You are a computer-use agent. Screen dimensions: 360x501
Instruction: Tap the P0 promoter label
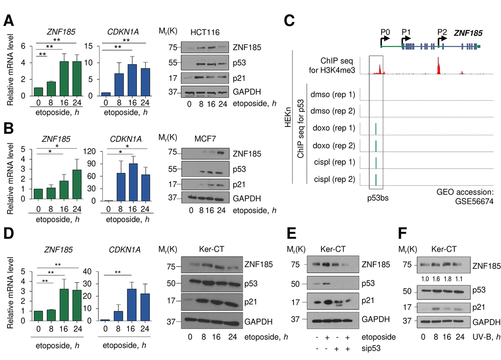(x=385, y=32)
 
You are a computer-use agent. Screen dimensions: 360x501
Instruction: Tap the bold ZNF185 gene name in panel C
(x=468, y=32)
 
